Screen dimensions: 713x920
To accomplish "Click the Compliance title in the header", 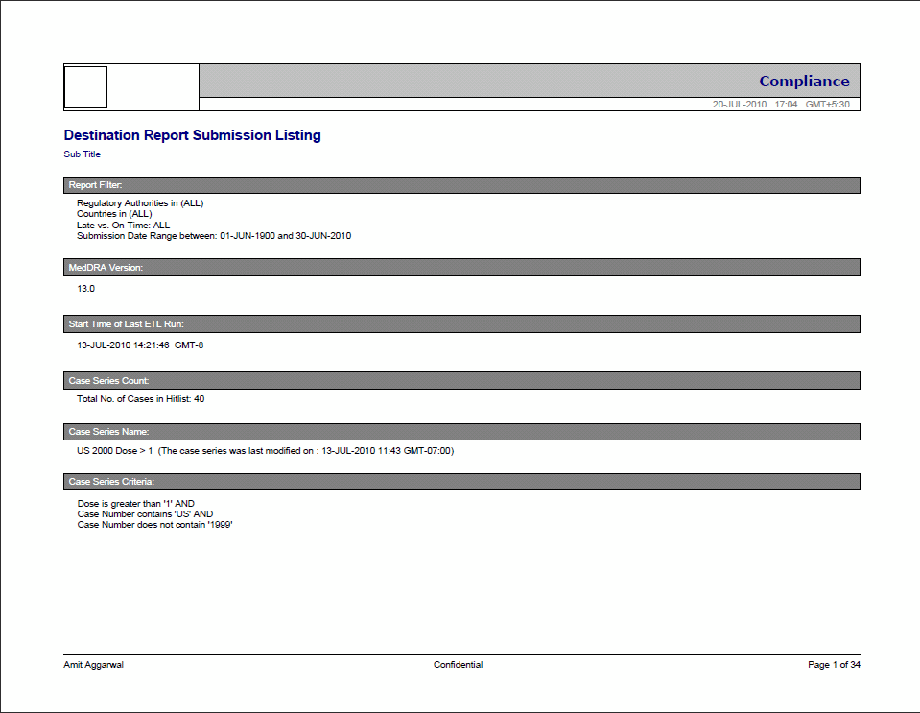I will [804, 82].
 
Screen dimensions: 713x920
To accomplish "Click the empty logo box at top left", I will [85, 87].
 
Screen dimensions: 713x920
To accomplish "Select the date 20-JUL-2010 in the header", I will [739, 105].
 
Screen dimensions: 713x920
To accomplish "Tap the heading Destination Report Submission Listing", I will [192, 135].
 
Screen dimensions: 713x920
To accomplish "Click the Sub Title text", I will [82, 154].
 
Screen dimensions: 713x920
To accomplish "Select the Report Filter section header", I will [95, 185].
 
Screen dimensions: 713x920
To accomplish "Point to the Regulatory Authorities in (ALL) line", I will [140, 203].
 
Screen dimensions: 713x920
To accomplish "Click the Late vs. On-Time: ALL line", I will [123, 226].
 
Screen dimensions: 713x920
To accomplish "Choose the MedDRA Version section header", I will [106, 268].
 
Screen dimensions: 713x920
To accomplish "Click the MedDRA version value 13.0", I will [85, 288].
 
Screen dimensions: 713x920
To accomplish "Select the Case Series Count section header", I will [108, 381].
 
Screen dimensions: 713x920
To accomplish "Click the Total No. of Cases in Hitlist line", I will [140, 399].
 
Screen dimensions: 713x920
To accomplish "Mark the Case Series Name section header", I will [108, 432].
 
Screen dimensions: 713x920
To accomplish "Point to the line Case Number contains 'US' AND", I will [145, 514].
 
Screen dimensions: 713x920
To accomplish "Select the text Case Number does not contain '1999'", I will [155, 525].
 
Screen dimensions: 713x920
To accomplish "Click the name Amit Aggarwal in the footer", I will [93, 665].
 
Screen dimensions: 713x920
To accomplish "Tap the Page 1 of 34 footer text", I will [834, 665].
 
